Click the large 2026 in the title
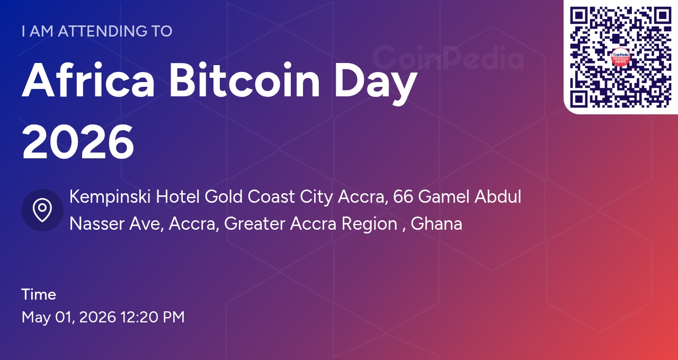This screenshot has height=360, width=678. [x=78, y=142]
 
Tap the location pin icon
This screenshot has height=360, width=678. [x=42, y=210]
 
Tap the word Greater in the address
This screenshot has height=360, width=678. [x=254, y=224]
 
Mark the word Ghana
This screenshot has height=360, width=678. [x=436, y=224]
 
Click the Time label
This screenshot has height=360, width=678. [x=39, y=294]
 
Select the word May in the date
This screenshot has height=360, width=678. [x=36, y=318]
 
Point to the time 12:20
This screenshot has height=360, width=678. [x=139, y=317]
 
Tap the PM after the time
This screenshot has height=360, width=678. [x=173, y=317]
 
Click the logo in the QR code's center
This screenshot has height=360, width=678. [x=621, y=57]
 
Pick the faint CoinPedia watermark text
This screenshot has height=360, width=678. [x=448, y=58]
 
